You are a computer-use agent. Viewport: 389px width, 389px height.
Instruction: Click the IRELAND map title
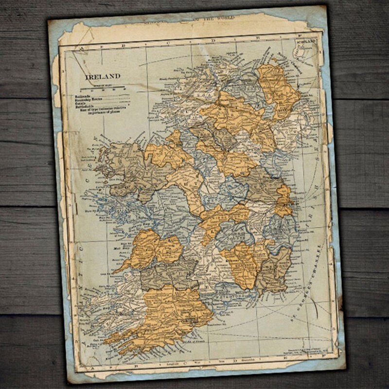tap(103, 76)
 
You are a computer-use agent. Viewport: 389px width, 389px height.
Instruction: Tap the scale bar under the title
tap(103, 88)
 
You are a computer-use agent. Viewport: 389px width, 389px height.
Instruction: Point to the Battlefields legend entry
tap(88, 107)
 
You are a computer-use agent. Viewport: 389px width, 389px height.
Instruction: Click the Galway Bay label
tap(95, 212)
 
